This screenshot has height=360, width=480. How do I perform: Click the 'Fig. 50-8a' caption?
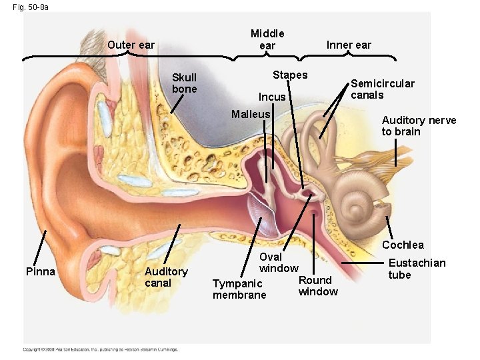pyautogui.click(x=30, y=7)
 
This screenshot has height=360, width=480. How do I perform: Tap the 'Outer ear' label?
pyautogui.click(x=131, y=45)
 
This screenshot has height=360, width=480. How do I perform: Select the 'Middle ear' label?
pyautogui.click(x=267, y=39)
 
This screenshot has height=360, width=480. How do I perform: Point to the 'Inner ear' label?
pyautogui.click(x=349, y=45)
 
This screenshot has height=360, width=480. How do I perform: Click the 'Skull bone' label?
pyautogui.click(x=185, y=83)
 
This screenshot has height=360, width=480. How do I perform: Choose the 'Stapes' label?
pyautogui.click(x=290, y=75)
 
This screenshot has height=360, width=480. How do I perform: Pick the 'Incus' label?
pyautogui.click(x=272, y=97)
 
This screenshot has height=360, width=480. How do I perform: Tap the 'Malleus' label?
pyautogui.click(x=251, y=114)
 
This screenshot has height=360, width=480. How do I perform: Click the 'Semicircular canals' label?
pyautogui.click(x=383, y=89)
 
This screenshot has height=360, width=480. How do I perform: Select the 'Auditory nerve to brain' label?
pyautogui.click(x=419, y=126)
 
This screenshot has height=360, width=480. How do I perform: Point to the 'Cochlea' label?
pyautogui.click(x=403, y=245)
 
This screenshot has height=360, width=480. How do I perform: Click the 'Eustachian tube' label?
pyautogui.click(x=417, y=269)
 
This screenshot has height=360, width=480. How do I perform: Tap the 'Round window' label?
pyautogui.click(x=318, y=286)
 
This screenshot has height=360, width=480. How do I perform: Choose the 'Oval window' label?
pyautogui.click(x=278, y=263)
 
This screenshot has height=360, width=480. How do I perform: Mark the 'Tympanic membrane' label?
pyautogui.click(x=239, y=289)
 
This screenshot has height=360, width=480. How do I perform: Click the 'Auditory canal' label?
pyautogui.click(x=166, y=277)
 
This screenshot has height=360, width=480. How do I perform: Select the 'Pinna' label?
pyautogui.click(x=41, y=271)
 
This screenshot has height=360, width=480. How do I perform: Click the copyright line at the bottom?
pyautogui.click(x=101, y=349)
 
